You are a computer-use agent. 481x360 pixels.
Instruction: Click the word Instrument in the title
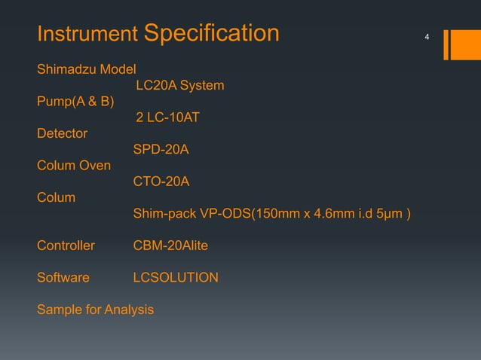87,35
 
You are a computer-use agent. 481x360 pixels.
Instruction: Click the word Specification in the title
210,34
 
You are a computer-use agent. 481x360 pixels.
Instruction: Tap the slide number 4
427,37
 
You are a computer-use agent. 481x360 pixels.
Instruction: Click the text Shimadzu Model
87,70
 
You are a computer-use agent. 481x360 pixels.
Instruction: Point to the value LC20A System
179,86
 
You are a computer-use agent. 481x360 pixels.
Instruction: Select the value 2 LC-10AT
167,118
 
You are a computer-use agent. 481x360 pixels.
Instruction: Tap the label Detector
62,134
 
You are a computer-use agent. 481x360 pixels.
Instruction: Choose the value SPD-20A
161,151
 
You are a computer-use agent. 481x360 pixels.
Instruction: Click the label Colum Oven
74,166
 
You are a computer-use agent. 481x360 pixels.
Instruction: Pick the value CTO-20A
161,182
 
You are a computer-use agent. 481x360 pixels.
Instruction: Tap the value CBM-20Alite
170,246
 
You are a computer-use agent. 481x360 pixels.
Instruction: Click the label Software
63,278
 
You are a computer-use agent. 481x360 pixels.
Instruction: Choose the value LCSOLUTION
176,278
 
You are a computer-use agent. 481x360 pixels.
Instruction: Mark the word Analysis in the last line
129,310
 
